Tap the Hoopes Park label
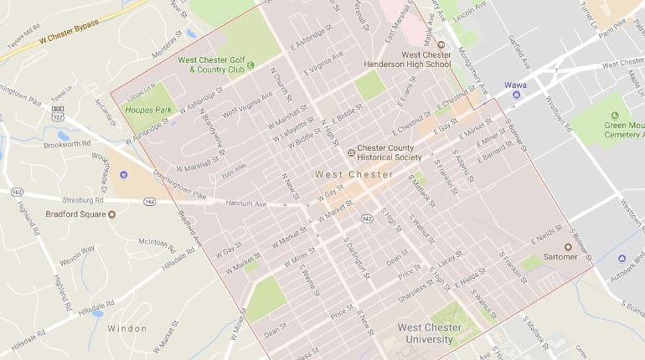coord(142,109)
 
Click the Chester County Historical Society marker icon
coord(352,152)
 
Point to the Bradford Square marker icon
coord(112,213)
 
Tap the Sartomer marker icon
coord(568,247)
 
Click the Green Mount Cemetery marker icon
coord(620,118)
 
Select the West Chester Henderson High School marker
coord(441,45)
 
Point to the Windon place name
coord(126,329)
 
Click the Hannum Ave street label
coord(249,203)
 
